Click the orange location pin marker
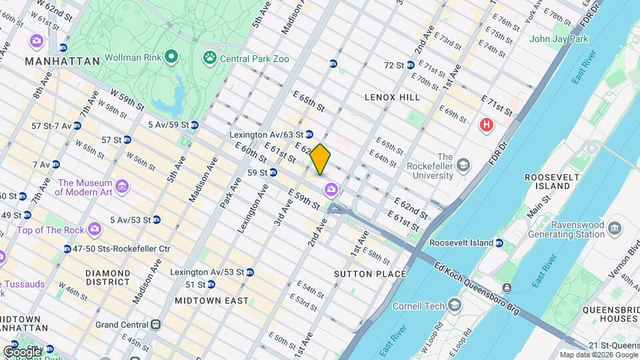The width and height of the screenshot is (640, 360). click(320, 159)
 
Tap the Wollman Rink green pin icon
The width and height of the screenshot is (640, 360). click(171, 57)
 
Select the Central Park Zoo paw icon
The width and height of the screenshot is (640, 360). click(210, 58)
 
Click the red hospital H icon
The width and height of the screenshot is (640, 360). click(487, 125)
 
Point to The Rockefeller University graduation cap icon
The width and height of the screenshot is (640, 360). click(461, 165)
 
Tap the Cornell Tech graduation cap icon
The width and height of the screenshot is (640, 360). click(455, 306)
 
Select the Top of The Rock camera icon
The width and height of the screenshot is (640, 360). click(95, 229)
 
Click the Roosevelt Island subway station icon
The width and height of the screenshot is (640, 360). click(499, 243)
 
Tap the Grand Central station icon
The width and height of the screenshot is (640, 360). click(155, 325)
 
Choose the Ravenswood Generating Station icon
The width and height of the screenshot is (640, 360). click(614, 229)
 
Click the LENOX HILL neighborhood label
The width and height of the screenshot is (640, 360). click(392, 97)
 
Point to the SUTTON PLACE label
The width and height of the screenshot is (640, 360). click(370, 274)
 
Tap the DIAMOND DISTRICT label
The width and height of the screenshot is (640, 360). click(108, 278)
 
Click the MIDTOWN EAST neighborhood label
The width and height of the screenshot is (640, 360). click(211, 301)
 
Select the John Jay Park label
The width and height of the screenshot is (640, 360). click(559, 39)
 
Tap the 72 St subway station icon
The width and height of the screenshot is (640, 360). click(411, 65)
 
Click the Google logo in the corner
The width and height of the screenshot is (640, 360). click(21, 351)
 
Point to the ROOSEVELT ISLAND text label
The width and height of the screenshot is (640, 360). click(547, 181)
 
